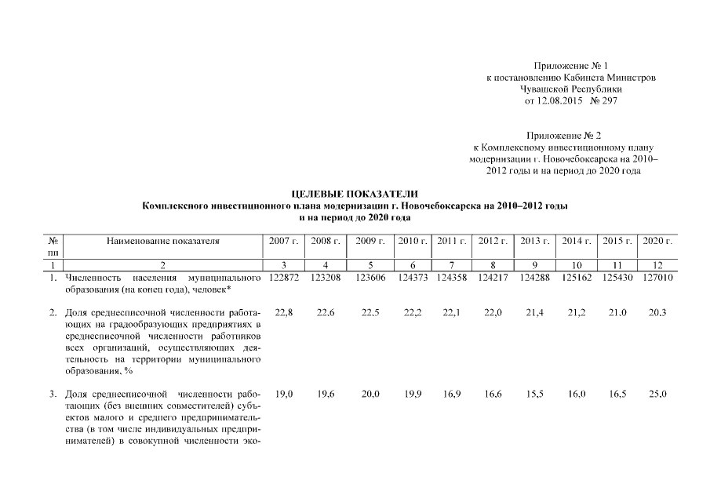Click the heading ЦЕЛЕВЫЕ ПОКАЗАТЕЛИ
[355, 194]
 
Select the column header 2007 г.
[283, 242]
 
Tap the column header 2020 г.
[657, 242]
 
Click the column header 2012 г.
[493, 242]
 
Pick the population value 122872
[283, 278]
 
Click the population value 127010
[657, 278]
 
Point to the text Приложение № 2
[563, 136]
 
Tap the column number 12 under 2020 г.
[657, 266]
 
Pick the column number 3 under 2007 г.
[283, 266]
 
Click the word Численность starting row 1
[93, 278]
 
